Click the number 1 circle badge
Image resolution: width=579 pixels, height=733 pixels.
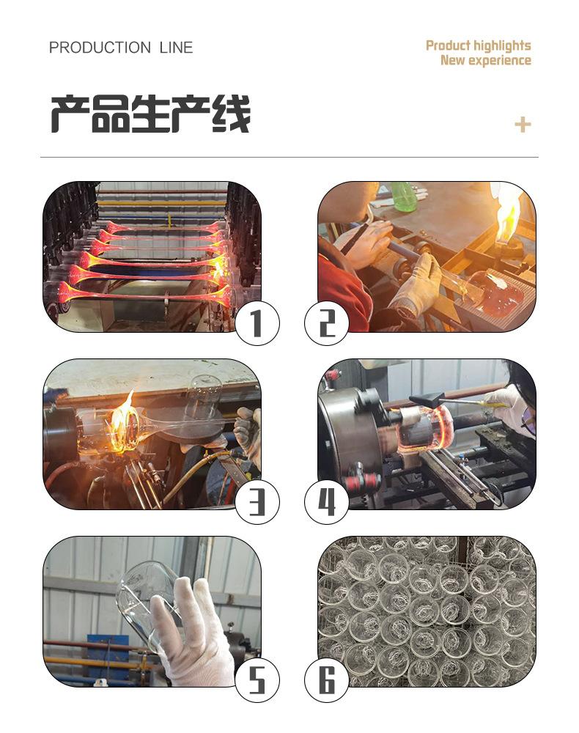(257, 323)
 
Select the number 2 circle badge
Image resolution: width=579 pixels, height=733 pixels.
(327, 323)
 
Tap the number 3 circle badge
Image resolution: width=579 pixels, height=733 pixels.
(257, 502)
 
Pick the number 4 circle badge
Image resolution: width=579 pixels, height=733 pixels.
(327, 502)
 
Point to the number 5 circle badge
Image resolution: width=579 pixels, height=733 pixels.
(257, 679)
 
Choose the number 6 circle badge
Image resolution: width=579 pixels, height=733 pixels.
(327, 679)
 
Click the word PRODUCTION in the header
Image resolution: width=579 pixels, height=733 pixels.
(100, 48)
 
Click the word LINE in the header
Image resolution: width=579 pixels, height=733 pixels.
(176, 48)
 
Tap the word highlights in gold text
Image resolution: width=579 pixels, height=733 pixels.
(502, 45)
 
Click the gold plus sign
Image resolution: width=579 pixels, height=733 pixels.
(523, 125)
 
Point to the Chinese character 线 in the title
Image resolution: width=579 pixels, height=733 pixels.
(232, 114)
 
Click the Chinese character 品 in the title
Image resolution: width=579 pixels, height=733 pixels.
(110, 114)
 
